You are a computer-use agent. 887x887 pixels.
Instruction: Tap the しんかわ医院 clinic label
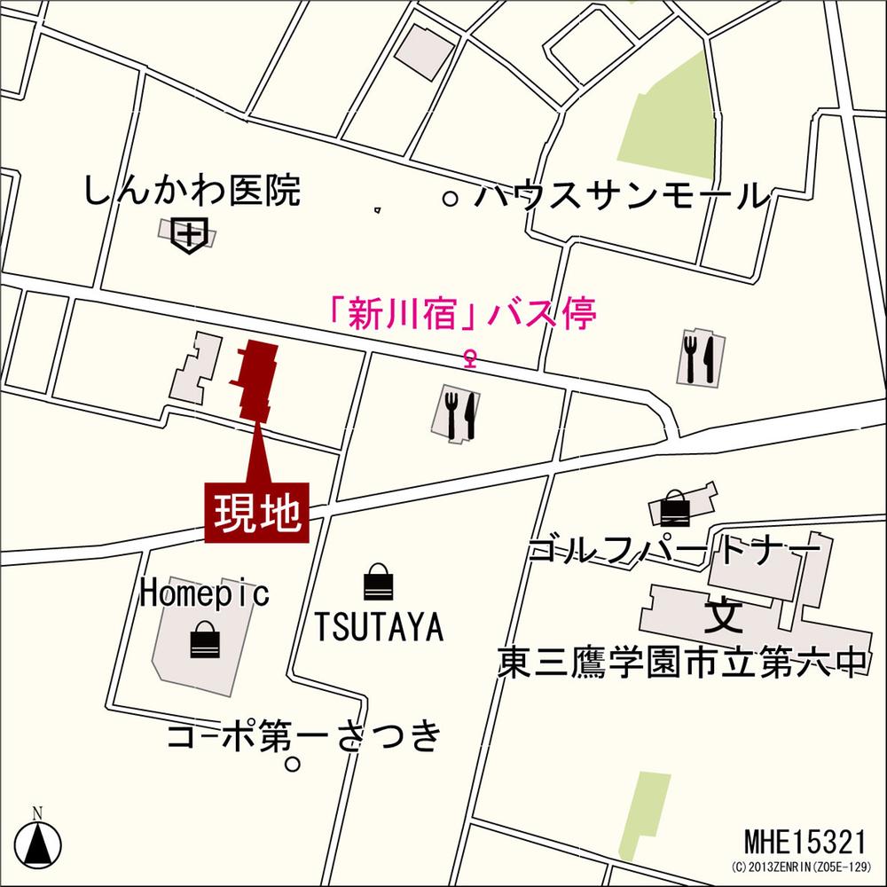[192, 192]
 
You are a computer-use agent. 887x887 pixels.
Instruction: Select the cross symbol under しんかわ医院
[190, 235]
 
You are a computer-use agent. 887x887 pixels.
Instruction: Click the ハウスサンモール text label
[618, 196]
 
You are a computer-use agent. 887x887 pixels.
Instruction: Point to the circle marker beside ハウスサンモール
[451, 199]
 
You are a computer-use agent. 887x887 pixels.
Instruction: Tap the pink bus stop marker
[471, 358]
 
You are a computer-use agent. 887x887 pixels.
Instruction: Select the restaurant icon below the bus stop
[459, 412]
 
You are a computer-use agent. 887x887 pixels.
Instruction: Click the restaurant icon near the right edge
[699, 357]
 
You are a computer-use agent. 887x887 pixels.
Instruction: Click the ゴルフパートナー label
[672, 551]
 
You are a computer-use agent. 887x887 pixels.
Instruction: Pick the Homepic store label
[204, 593]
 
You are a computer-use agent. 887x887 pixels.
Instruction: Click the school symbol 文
[723, 615]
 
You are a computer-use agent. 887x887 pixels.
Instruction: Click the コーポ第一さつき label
[303, 735]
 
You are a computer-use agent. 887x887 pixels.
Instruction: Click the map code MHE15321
[804, 840]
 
